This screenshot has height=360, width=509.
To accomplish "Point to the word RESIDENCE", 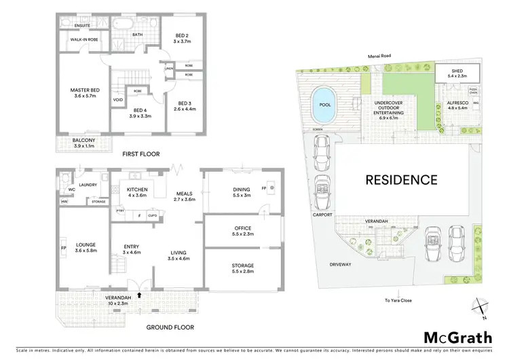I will tap(402, 180).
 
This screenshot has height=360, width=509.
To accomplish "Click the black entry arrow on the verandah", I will tap(139, 294).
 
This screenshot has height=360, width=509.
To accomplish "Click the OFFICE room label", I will tap(243, 228).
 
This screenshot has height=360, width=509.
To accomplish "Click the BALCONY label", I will tap(85, 141).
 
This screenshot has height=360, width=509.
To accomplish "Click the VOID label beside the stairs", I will tap(118, 100).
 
